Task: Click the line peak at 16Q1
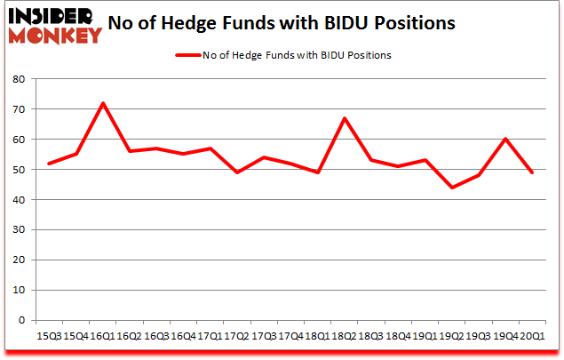tap(102, 103)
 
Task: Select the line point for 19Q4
tap(504, 140)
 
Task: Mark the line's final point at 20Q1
tap(531, 172)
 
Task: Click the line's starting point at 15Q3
tap(49, 164)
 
